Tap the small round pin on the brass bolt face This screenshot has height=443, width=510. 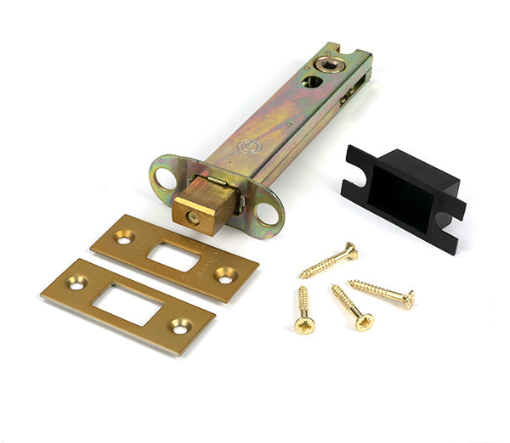pyautogui.click(x=193, y=217)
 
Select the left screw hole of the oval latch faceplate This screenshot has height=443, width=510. pyautogui.click(x=163, y=178)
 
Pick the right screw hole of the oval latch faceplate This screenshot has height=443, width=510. pyautogui.click(x=268, y=213)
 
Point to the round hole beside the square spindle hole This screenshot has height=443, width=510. pyautogui.click(x=311, y=81)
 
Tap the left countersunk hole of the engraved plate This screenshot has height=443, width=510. pyautogui.click(x=124, y=239)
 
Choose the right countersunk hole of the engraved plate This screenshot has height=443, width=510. pyautogui.click(x=225, y=274)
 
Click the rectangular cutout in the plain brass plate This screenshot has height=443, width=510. pyautogui.click(x=127, y=303)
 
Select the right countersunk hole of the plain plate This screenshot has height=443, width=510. pyautogui.click(x=180, y=324)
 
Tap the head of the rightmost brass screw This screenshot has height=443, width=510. pyautogui.click(x=409, y=299)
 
